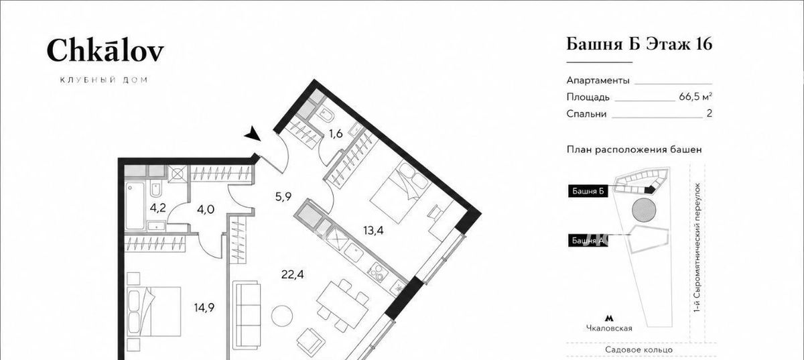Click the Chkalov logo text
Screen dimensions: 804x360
(105, 51)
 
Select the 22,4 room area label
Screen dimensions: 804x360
(293, 275)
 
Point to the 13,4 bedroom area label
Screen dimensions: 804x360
(373, 231)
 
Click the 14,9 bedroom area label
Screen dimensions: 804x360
(204, 308)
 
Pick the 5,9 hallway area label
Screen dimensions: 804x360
(283, 196)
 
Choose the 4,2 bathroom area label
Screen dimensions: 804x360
(157, 208)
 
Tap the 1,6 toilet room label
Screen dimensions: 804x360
(336, 133)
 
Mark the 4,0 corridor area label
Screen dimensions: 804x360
(206, 209)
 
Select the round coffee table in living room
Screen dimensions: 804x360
(282, 316)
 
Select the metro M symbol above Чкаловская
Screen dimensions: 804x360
(609, 318)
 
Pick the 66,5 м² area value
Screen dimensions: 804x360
(695, 97)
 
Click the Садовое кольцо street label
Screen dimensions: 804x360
(639, 349)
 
